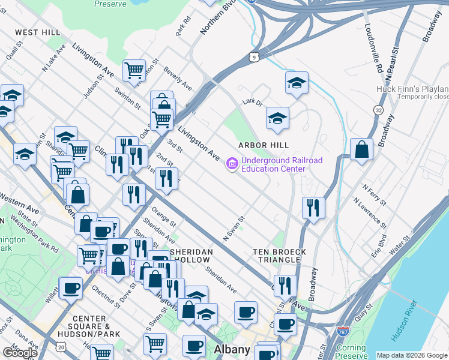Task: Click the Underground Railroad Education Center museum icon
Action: coord(232,163)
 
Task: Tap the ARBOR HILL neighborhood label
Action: coord(263,145)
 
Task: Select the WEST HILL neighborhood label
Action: coord(37,32)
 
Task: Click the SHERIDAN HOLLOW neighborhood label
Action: coord(190,256)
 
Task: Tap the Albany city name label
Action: coord(232,349)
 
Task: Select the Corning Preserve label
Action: coord(351,352)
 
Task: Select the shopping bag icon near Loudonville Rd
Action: coord(361,149)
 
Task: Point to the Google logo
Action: coord(20,353)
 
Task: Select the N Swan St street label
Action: coord(235,229)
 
